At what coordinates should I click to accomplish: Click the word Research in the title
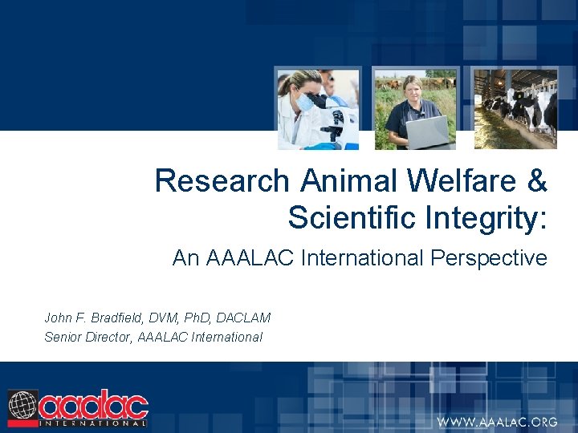[x=222, y=181]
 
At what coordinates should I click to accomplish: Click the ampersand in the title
[x=536, y=181]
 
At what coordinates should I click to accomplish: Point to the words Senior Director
[x=89, y=337]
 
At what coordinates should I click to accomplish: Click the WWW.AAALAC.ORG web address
[x=496, y=422]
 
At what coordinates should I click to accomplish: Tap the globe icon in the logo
[x=22, y=405]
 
